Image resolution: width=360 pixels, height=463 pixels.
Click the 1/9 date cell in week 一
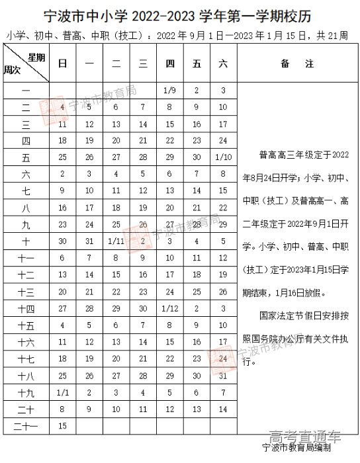169,90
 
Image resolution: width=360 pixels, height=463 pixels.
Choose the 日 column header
62,63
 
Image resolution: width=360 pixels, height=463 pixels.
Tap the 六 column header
222,63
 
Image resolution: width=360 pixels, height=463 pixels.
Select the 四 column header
169,63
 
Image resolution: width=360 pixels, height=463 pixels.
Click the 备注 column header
288,63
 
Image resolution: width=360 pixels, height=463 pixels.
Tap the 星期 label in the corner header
36,57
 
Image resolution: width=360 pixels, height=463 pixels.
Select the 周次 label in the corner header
13,69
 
